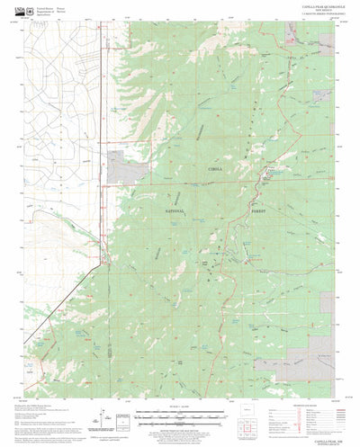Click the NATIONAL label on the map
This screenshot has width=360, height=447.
[175, 209]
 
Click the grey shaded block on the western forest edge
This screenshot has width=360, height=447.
[115, 163]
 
